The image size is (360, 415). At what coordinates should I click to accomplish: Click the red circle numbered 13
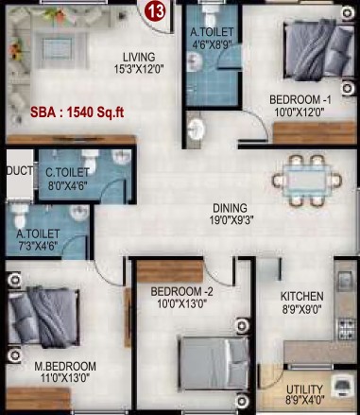point(155,11)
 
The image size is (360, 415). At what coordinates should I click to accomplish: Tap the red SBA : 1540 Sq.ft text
point(77,112)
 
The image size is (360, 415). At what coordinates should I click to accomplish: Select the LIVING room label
point(139,58)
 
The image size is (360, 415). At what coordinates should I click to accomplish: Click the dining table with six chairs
point(307,181)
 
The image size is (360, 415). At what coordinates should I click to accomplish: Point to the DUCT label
point(20,171)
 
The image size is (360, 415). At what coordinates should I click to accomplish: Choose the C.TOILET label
point(67,173)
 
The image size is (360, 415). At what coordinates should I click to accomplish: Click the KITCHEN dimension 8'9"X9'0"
point(301,309)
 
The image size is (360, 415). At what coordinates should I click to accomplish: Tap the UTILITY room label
point(304,389)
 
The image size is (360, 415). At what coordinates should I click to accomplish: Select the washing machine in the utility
point(342,386)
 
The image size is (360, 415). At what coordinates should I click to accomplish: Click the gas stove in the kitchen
point(347,329)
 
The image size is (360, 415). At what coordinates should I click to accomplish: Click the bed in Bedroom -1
point(319,50)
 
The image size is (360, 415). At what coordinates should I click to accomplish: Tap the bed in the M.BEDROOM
point(43,316)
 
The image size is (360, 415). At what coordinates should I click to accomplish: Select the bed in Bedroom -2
point(214,363)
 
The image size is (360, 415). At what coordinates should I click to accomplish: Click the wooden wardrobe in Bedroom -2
point(170,271)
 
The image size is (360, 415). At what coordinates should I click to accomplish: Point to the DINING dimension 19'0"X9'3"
point(231,220)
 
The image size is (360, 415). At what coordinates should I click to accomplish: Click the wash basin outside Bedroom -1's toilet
point(196,129)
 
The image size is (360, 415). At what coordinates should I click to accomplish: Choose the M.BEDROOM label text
point(65,367)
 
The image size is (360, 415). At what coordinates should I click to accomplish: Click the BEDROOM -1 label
point(300,100)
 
